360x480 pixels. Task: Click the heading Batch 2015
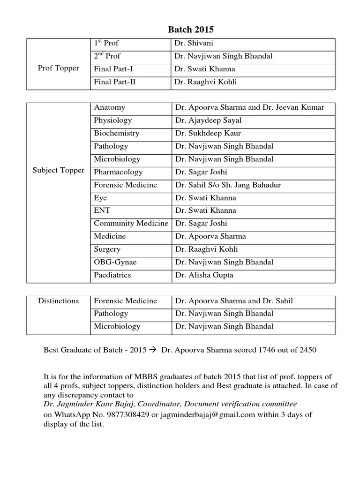(x=191, y=30)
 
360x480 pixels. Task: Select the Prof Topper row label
(x=58, y=68)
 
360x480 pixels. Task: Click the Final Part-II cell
(x=115, y=82)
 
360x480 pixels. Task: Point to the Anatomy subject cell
(x=109, y=107)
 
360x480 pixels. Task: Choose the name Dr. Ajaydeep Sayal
(x=208, y=120)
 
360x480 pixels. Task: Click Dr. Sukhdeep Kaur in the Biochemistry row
(x=208, y=133)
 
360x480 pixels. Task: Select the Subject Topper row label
(x=58, y=170)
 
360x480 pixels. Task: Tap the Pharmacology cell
(x=118, y=172)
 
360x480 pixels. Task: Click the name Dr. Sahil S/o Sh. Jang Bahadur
(x=228, y=185)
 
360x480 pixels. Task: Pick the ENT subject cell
(x=102, y=210)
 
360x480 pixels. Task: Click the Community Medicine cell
(x=131, y=224)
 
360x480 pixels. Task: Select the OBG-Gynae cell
(x=115, y=262)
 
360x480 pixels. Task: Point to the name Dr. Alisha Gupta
(x=204, y=275)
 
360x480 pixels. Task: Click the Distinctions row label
(x=58, y=301)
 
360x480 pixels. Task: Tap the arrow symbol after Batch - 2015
(x=153, y=350)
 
